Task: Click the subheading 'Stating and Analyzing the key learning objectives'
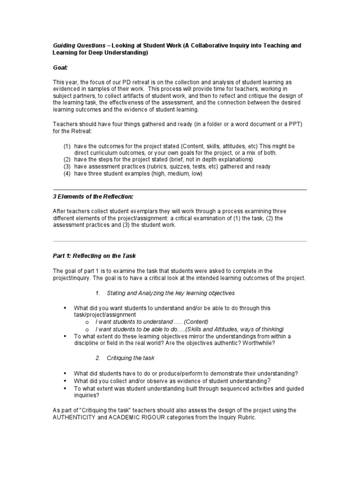point(171,293)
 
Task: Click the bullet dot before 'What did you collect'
point(65,381)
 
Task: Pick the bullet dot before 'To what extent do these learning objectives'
point(65,336)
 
